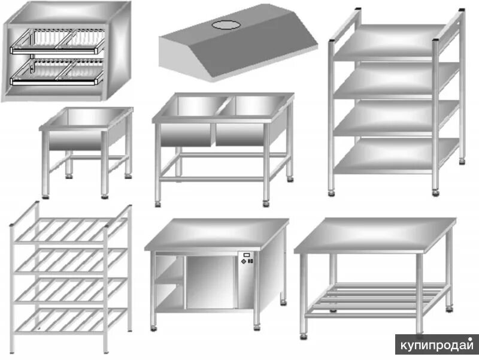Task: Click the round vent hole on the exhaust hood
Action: pyautogui.click(x=226, y=24)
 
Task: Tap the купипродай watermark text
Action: pyautogui.click(x=436, y=346)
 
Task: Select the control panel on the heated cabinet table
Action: pyautogui.click(x=245, y=259)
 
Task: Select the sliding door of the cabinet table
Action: pyautogui.click(x=209, y=282)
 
